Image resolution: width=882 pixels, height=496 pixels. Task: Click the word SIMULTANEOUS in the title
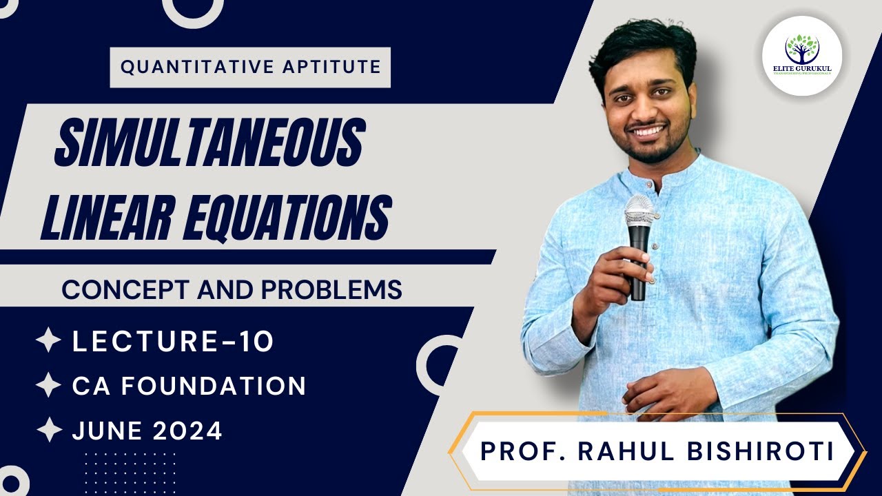tap(208, 143)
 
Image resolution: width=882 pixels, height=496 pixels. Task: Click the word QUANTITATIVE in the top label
tap(178, 67)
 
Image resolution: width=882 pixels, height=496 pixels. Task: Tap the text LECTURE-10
tap(173, 342)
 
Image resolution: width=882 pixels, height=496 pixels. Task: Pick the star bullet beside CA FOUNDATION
tap(48, 385)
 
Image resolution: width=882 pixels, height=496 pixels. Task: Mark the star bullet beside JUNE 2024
tap(48, 431)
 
